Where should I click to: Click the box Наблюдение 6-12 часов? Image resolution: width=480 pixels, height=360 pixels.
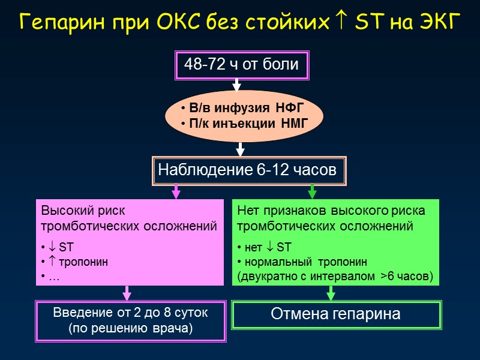pos(247,170)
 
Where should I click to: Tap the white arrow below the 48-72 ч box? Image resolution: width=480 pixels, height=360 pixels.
pos(236,85)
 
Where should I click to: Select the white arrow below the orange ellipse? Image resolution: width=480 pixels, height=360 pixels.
pos(240,148)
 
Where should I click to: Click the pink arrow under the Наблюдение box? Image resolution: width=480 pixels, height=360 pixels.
pos(176,191)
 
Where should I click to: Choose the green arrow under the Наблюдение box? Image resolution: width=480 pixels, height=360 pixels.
pos(312,191)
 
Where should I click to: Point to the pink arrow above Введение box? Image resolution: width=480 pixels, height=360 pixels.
pos(127,293)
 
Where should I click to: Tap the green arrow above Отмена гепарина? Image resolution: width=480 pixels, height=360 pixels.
pos(330,293)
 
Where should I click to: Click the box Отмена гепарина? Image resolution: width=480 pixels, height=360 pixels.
pos(336,314)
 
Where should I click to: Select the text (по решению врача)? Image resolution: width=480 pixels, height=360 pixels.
pos(131,329)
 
